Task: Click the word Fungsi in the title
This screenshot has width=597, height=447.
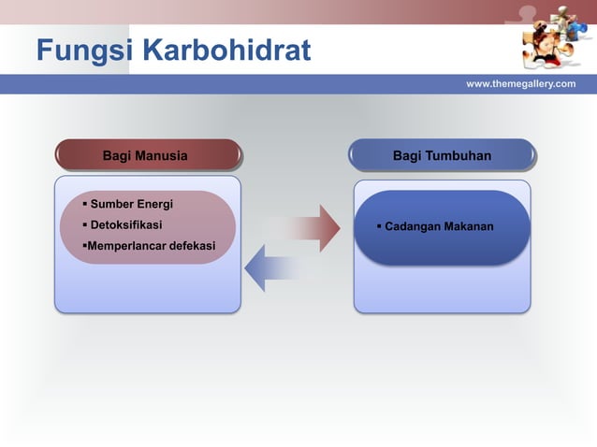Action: point(79,50)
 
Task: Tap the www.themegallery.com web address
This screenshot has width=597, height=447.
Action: point(520,84)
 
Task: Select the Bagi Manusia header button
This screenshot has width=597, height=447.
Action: point(148,155)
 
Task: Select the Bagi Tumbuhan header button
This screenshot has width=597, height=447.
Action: point(442,155)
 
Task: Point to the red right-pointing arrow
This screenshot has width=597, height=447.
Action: point(304,228)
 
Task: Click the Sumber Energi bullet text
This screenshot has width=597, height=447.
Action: point(131,205)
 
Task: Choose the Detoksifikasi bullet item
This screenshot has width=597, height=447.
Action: point(125,225)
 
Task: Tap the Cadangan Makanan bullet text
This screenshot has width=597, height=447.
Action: point(439,227)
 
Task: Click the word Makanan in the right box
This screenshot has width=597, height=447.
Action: point(468,227)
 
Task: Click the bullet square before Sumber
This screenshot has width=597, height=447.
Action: point(84,205)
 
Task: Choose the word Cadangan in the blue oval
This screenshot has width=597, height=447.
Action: point(413,227)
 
